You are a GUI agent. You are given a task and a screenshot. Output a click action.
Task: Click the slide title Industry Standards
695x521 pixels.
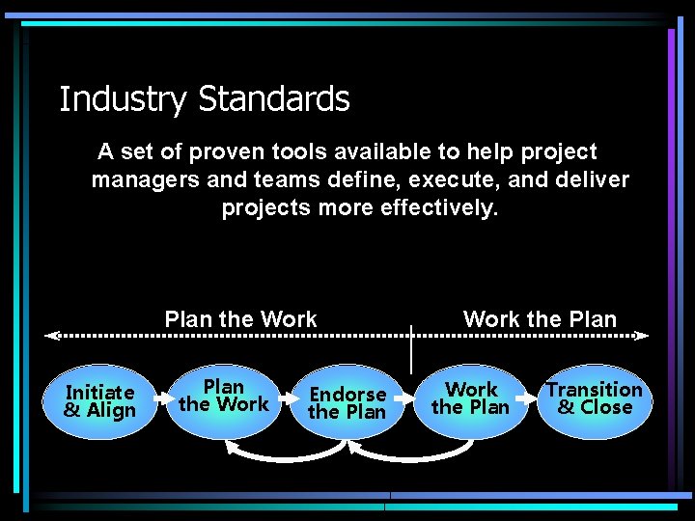click(x=204, y=99)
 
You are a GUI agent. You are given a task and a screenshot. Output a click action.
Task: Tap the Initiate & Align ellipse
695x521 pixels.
click(x=99, y=401)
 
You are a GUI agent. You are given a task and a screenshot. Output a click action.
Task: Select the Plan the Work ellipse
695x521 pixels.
click(x=224, y=398)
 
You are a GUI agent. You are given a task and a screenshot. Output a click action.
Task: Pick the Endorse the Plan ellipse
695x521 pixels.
click(x=347, y=402)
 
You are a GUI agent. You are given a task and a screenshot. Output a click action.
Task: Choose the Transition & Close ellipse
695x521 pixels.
click(x=594, y=398)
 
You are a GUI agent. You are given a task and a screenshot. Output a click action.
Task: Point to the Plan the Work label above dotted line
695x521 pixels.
click(x=240, y=319)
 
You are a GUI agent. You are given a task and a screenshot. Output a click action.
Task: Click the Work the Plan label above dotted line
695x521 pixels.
click(x=540, y=319)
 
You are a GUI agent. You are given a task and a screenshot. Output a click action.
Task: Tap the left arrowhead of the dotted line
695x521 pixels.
click(x=52, y=336)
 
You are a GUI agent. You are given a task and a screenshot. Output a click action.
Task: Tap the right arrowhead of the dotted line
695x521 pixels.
click(x=641, y=336)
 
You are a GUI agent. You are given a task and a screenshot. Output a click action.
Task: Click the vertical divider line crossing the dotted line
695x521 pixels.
click(x=411, y=349)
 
